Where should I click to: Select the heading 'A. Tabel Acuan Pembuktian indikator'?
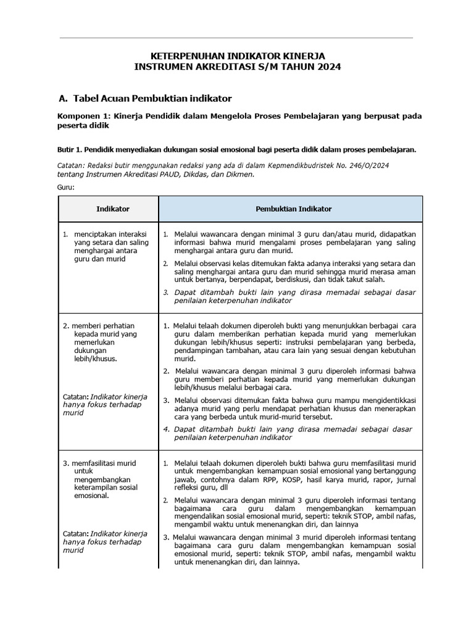coord(144,98)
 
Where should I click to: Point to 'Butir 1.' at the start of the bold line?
coord(70,149)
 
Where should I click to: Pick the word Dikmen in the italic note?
coord(239,174)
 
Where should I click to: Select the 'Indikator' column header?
coord(113,209)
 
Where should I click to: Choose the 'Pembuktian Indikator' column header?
coord(294,209)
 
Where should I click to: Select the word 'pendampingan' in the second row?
coord(200,351)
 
